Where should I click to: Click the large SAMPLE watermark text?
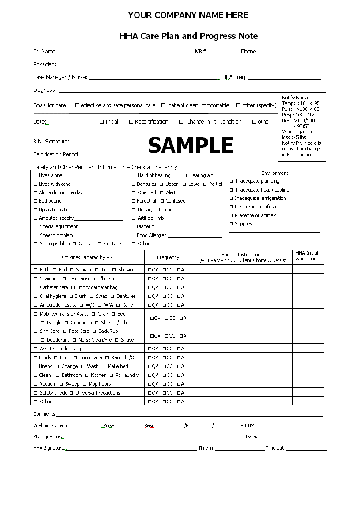191,145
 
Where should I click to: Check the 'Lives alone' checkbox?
36,176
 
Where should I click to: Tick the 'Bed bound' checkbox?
36,201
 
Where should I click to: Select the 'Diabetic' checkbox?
134,227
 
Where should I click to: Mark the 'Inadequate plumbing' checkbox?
232,181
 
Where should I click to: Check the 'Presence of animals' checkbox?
231,216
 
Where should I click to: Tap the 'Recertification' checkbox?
131,122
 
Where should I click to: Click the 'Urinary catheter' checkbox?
134,210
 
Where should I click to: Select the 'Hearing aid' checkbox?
185,176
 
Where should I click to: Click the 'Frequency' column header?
168,257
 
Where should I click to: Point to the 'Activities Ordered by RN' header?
87,257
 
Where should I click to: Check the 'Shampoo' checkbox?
36,279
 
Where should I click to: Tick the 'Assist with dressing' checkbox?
36,349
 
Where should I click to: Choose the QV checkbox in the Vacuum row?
150,384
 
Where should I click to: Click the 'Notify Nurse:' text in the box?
296,98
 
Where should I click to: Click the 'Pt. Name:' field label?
45,52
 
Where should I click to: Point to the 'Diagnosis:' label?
45,90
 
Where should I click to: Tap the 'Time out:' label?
275,448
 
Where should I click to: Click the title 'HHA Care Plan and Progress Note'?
188,36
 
